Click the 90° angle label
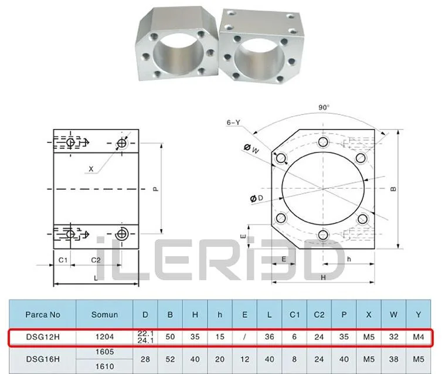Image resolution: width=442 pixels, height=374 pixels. tap(324, 107)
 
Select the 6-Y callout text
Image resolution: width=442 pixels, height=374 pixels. tap(233, 123)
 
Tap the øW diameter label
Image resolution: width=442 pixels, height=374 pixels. tap(251, 149)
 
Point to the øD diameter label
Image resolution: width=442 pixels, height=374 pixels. tap(257, 198)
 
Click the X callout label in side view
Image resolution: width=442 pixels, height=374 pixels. tap(91, 169)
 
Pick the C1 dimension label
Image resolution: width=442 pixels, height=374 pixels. tap(63, 260)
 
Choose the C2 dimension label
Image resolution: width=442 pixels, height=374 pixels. tap(96, 260)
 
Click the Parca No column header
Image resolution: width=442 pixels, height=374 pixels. tap(43, 315)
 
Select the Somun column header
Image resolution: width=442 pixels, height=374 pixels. tap(104, 315)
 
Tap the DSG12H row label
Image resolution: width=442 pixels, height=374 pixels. tap(43, 337)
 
